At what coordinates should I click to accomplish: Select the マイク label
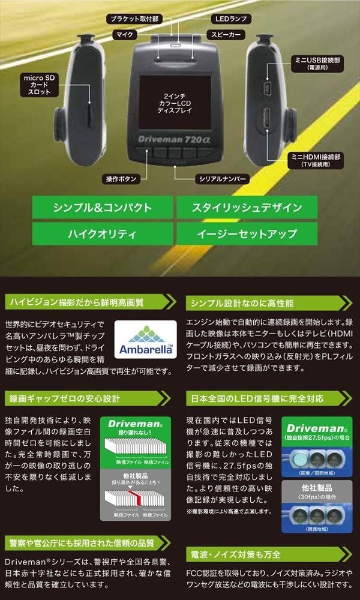click(124, 35)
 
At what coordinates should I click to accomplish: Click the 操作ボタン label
click(122, 179)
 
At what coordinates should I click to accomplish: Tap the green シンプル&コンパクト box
click(102, 208)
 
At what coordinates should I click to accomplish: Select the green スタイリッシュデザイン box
click(247, 208)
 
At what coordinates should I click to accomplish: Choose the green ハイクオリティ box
click(102, 234)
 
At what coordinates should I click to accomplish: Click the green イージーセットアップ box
click(247, 234)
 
